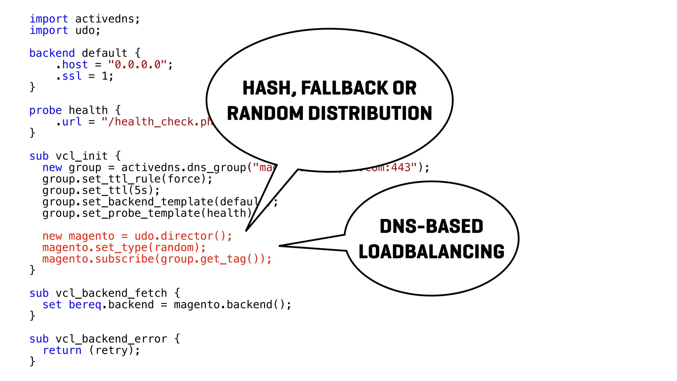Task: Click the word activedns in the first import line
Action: click(x=104, y=19)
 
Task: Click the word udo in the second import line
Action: click(x=85, y=30)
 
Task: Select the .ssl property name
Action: click(x=69, y=76)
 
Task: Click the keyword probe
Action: click(x=45, y=110)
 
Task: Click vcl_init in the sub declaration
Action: click(x=82, y=156)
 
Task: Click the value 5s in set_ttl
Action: click(x=141, y=190)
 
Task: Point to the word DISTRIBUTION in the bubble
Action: click(x=370, y=113)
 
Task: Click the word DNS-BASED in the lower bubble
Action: click(x=431, y=227)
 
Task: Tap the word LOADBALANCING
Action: click(x=431, y=252)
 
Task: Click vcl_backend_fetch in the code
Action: click(x=111, y=293)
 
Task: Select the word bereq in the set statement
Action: click(x=85, y=305)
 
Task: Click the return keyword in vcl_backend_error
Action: click(x=62, y=350)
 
